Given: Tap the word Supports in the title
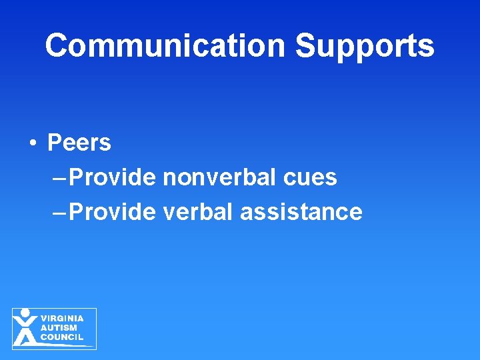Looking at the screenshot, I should coord(365,46).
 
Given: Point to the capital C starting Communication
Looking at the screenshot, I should coord(57,46).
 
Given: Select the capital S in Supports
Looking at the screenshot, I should coord(305,46).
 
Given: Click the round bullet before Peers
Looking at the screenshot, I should coord(33,143).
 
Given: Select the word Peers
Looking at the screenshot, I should coord(79,143).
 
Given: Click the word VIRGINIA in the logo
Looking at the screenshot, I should coord(62,319).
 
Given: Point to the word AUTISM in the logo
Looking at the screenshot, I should coord(59,328).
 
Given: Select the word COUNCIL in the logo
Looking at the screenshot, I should coord(62,337).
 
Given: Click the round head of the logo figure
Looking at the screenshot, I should coord(25,312).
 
